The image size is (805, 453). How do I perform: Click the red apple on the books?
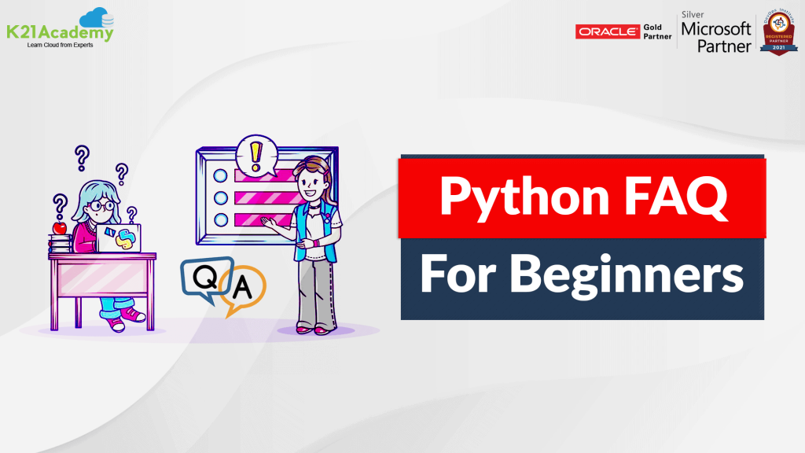tap(59, 228)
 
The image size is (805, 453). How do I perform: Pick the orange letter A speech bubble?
tap(243, 289)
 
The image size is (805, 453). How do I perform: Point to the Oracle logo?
tap(608, 31)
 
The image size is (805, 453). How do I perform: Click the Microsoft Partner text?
tap(716, 36)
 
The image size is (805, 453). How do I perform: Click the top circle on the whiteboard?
tap(221, 174)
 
